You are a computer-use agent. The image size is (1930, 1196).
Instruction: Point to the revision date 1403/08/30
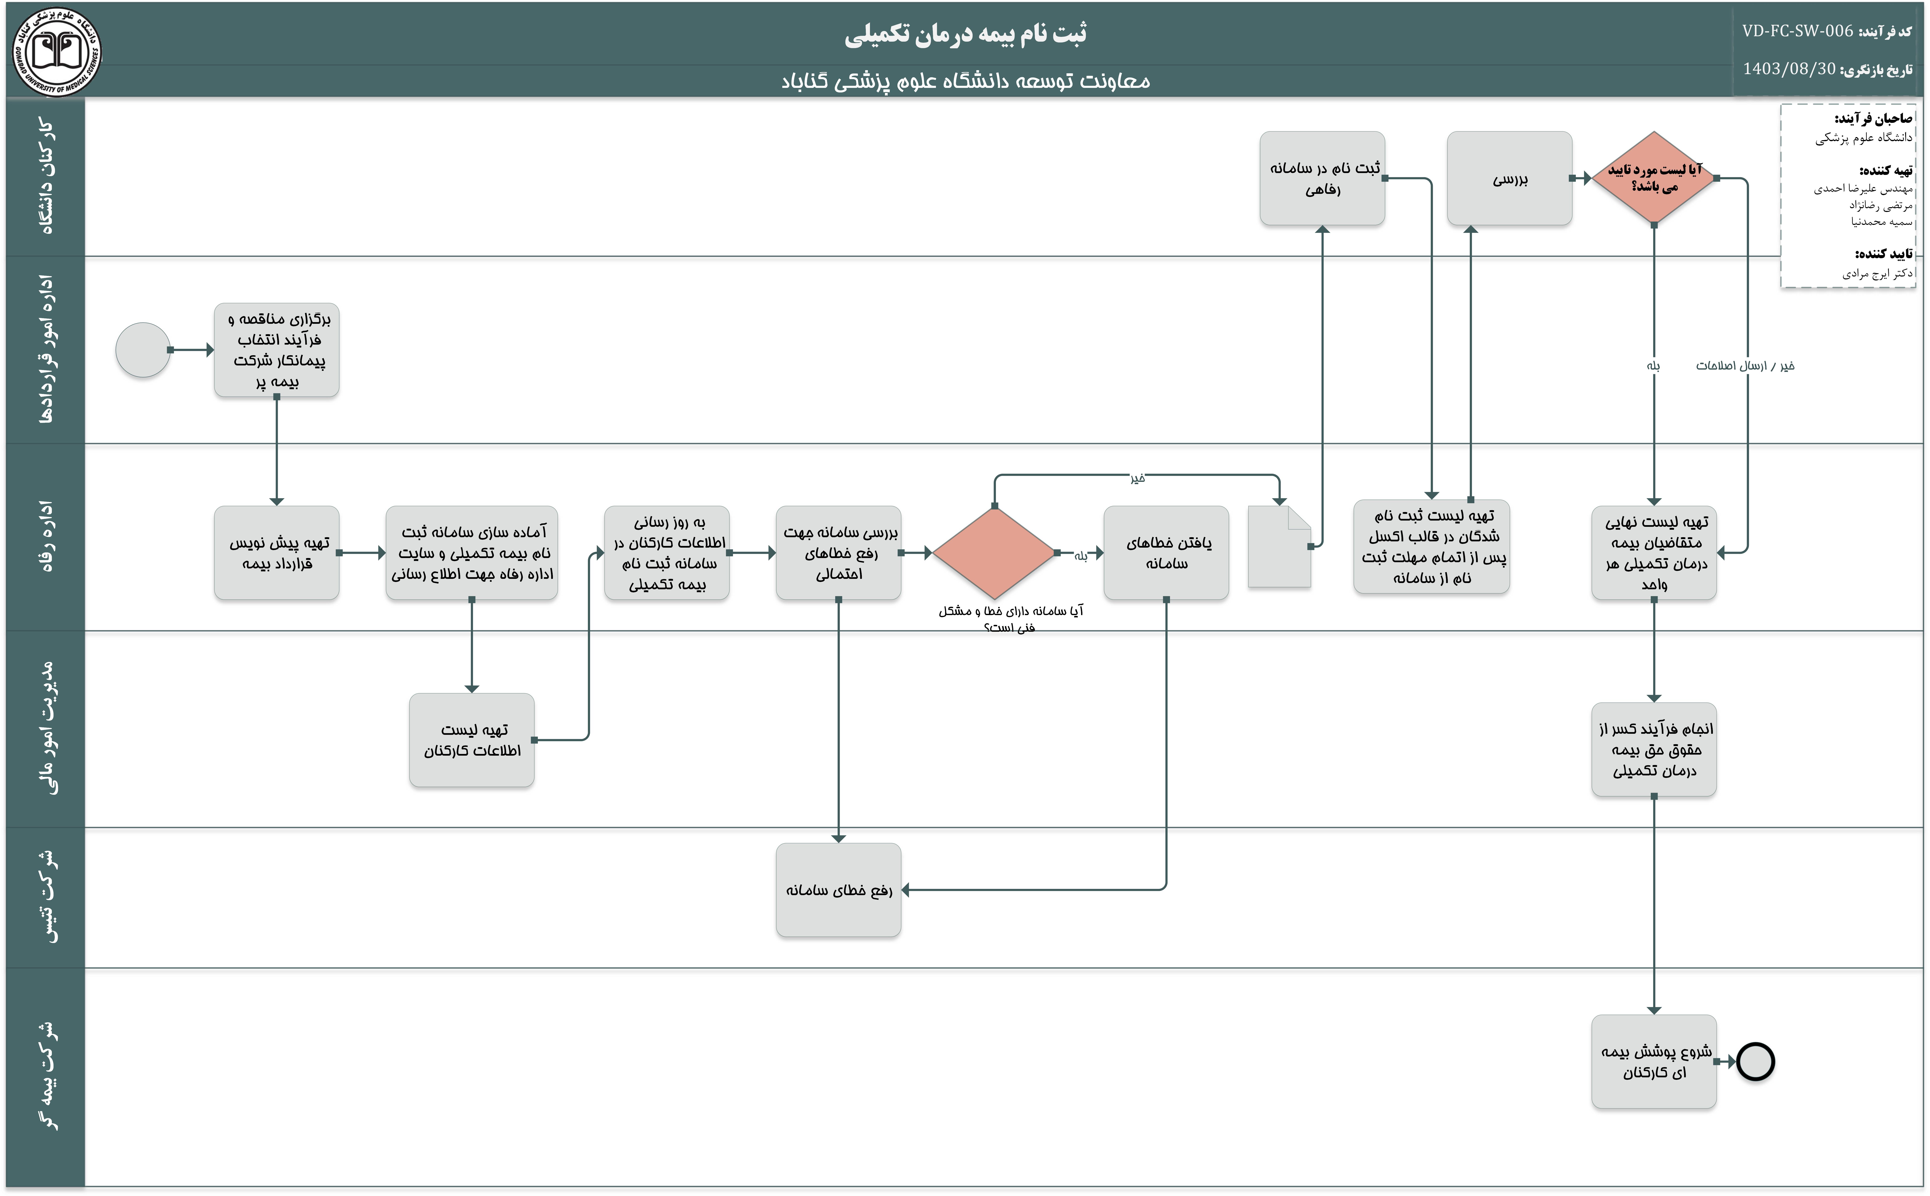click(x=1789, y=69)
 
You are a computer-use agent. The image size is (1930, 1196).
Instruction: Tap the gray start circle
click(x=142, y=350)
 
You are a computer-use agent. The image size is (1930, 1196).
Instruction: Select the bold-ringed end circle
click(x=1755, y=1061)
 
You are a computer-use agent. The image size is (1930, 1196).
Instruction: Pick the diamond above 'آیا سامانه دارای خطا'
click(x=994, y=553)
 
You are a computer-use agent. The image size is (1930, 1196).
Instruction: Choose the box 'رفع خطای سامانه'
click(x=839, y=890)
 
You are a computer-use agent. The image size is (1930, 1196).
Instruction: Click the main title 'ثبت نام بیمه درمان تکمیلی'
click(x=965, y=34)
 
